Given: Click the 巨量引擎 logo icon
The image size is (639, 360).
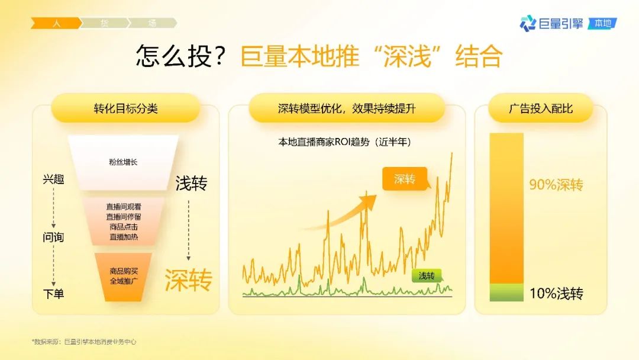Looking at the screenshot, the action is coord(528,23).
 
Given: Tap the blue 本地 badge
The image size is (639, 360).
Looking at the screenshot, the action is coord(603,24).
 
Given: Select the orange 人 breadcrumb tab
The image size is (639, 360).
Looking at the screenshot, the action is coord(56,23).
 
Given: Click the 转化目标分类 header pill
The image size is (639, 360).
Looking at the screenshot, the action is coord(125,108).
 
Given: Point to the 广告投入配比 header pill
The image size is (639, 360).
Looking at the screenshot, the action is coord(540,108).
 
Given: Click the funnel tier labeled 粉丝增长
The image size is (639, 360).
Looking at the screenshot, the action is coord(123,162).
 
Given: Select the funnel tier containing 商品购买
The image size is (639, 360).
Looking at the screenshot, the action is coord(123,277).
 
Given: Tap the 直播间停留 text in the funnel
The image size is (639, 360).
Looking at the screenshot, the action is coord(124,217).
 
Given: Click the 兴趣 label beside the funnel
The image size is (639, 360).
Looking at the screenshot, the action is coord(53,179).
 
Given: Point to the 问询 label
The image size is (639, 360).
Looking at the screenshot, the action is coord(53,237).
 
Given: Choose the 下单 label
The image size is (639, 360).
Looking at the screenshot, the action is coord(53,294).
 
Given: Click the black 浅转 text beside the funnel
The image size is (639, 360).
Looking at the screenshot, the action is coord(191,183).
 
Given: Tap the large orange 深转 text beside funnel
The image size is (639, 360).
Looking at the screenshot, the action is coord(188,279).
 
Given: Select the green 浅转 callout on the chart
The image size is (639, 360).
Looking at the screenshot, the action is coord(426,276).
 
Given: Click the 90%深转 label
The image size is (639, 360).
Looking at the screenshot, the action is coord(556,185).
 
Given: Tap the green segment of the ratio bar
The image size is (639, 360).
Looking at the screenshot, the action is coord(506,292).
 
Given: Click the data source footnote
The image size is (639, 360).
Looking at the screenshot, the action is coord(84,342).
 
